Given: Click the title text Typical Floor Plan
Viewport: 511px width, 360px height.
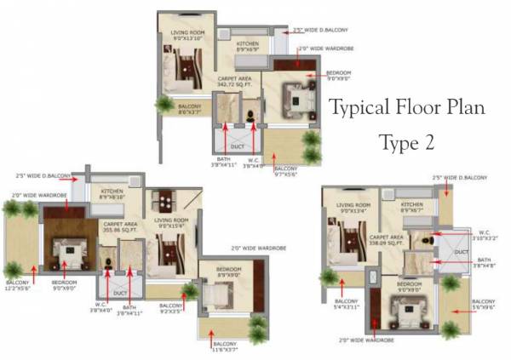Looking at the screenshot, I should [406, 109].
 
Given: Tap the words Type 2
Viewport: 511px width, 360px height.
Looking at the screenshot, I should [406, 142].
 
